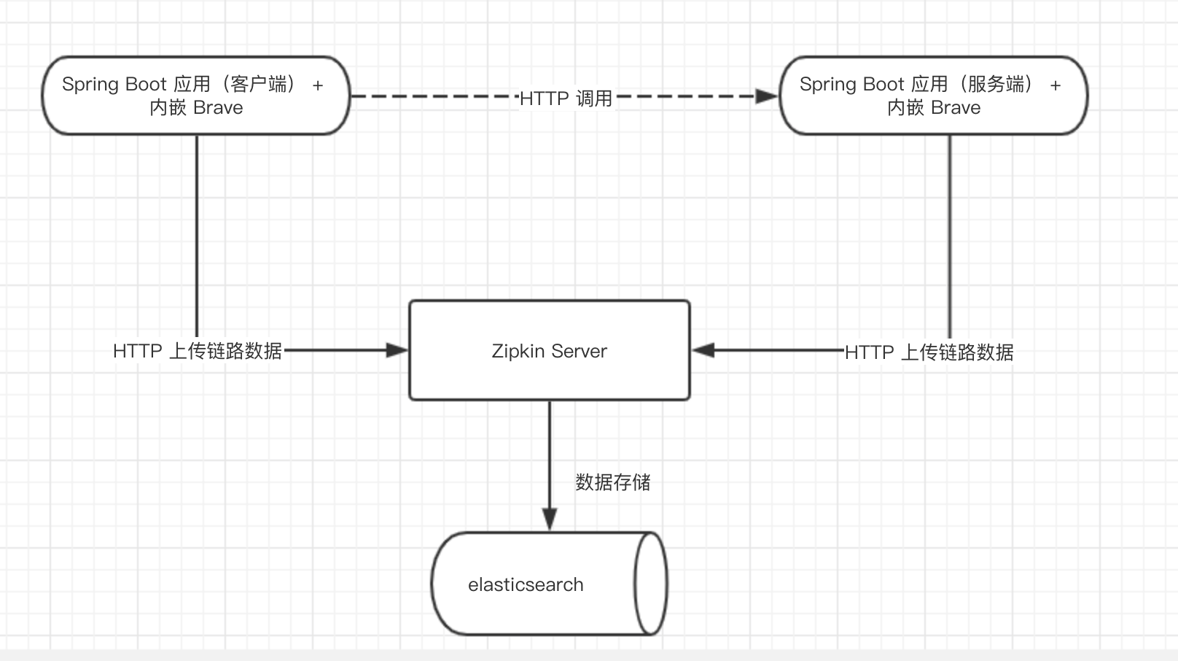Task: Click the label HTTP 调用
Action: pos(566,98)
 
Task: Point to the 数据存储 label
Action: pos(612,482)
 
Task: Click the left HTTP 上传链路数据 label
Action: pos(198,351)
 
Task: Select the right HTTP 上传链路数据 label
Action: pos(929,352)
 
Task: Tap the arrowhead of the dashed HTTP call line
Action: pos(767,96)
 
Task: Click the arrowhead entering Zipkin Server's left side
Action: pos(397,350)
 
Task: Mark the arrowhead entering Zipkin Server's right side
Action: pos(703,350)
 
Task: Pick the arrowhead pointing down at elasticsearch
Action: pos(550,519)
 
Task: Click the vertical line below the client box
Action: pos(197,233)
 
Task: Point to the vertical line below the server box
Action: pos(950,233)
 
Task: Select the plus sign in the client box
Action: pos(318,85)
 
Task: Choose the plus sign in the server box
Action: pos(1056,85)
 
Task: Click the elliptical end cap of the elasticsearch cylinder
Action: pos(650,583)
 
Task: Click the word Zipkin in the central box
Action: pos(518,351)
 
